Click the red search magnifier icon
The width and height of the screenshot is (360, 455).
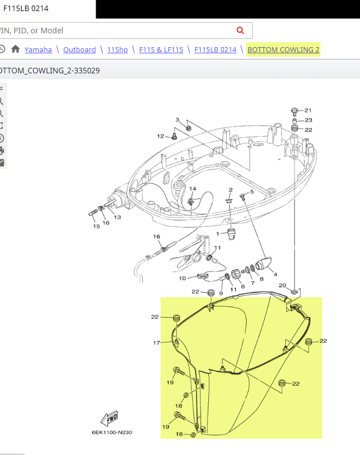[240, 30]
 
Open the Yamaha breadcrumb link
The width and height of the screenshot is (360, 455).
[38, 49]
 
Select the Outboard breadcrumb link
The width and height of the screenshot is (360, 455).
[79, 49]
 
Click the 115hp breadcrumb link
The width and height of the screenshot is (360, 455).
[117, 49]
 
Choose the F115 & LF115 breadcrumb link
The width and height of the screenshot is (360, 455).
[161, 49]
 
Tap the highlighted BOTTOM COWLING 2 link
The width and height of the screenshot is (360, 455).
[283, 49]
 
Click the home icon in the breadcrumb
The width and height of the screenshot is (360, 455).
[16, 49]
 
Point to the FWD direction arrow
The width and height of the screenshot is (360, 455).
[109, 418]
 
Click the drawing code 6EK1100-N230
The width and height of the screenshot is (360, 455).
[112, 432]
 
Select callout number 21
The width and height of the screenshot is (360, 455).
[308, 110]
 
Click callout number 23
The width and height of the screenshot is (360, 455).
[308, 120]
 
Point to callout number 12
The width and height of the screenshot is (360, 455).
[161, 136]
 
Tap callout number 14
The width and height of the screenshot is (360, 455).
[193, 189]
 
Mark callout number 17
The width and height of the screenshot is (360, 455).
[157, 343]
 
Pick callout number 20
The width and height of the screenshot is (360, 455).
[282, 285]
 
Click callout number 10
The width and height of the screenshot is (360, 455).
[182, 278]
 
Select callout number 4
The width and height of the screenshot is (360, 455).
[276, 274]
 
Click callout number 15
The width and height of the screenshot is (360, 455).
[96, 226]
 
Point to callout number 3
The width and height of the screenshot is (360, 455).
[177, 119]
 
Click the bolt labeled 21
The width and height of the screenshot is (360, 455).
[294, 111]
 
